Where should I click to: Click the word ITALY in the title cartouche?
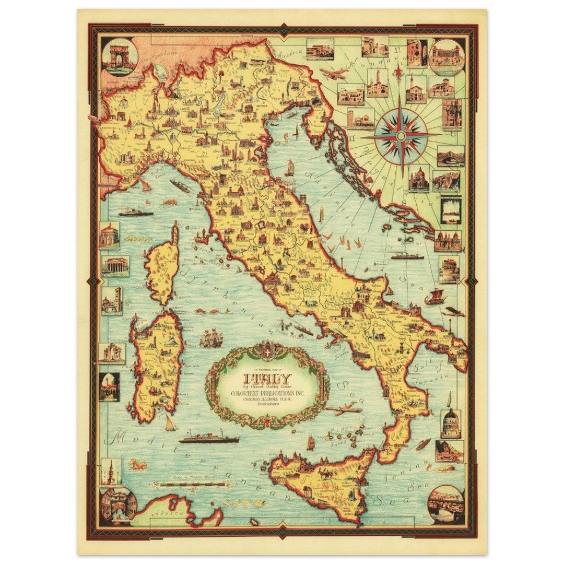[x=267, y=377]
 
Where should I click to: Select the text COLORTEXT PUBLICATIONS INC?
[x=268, y=392]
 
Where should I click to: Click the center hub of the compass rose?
[x=401, y=135]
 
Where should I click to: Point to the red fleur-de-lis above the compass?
[x=398, y=72]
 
